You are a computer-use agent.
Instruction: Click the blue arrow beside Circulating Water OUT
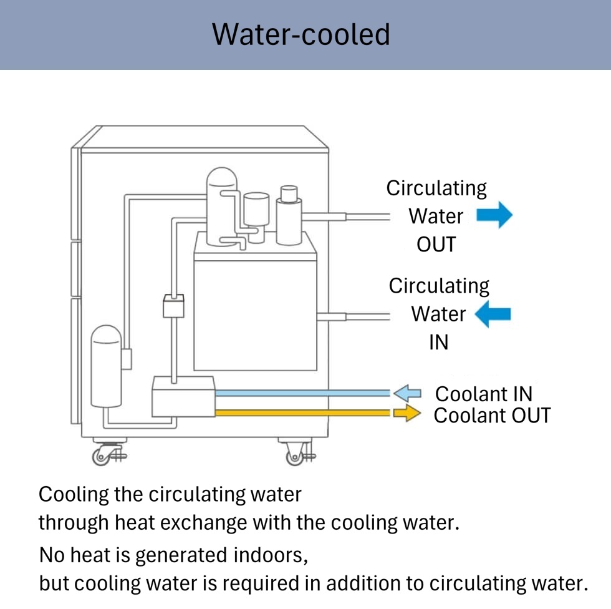(494, 215)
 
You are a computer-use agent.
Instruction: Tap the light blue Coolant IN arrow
(408, 393)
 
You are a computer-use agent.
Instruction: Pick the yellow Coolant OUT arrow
(408, 413)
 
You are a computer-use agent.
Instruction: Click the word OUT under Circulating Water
(436, 245)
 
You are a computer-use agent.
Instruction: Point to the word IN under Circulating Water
(438, 343)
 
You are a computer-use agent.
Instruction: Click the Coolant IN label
(483, 394)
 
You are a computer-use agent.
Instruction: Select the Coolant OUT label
(492, 415)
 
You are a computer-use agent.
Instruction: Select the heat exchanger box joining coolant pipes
(183, 396)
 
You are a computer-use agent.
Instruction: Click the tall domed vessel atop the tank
(223, 206)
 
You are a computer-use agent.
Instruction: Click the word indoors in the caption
(271, 553)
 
